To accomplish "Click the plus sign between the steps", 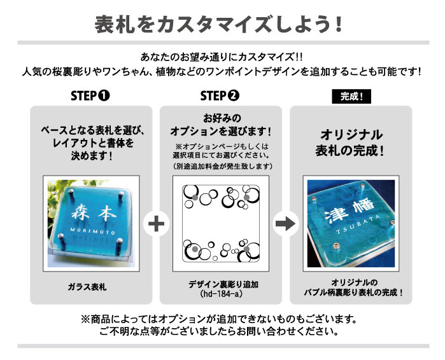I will pos(155,224).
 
